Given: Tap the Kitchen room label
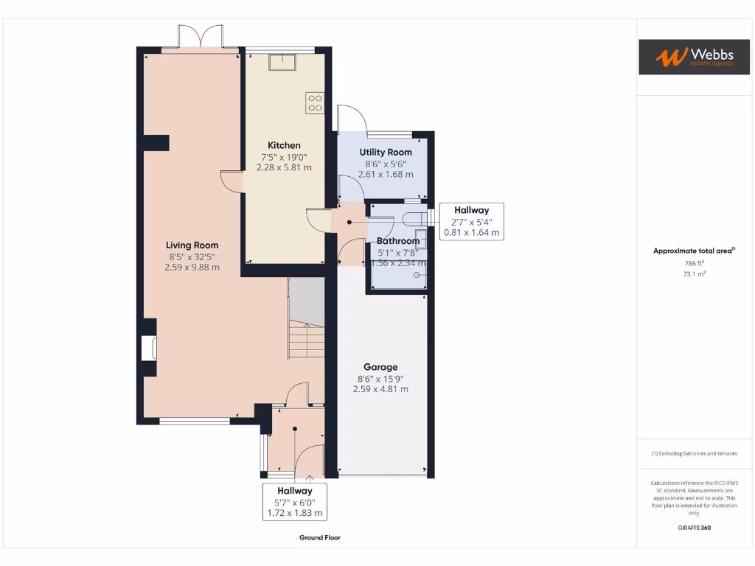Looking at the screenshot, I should click(284, 145).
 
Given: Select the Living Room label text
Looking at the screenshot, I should click(192, 245).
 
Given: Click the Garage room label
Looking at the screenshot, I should click(380, 367).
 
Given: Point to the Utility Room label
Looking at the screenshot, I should click(386, 152).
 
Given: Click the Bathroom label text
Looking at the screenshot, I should click(398, 241).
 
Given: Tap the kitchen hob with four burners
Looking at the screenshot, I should click(315, 102).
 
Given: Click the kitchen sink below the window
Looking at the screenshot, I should click(282, 63).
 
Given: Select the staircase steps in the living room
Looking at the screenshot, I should click(306, 340).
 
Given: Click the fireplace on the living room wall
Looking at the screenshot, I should click(149, 348).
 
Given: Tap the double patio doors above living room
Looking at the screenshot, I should click(201, 37).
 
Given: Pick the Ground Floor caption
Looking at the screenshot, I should click(320, 538).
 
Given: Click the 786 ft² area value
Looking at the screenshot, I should click(694, 262).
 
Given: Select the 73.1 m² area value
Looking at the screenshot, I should click(694, 273).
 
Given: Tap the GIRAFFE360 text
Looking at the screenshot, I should click(694, 528).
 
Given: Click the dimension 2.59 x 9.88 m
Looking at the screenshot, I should click(192, 268).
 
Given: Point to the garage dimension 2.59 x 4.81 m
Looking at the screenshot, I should click(380, 389).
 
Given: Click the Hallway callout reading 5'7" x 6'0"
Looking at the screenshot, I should click(295, 501).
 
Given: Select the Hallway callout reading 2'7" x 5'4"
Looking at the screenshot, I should click(471, 221).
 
